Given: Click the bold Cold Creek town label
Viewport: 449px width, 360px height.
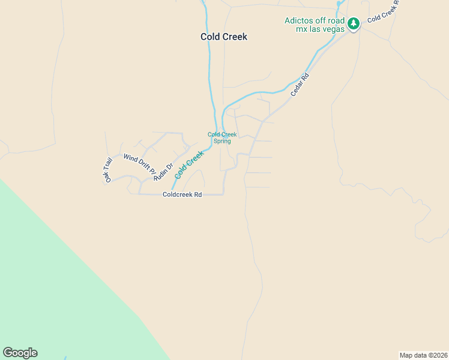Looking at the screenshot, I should (x=223, y=37).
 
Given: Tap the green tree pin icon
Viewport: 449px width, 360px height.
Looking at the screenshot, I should (x=354, y=24).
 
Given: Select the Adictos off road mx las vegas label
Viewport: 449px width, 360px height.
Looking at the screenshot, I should (x=315, y=25).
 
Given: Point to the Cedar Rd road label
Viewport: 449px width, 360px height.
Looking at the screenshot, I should (x=299, y=85).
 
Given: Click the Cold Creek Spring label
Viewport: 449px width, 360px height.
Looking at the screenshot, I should (x=222, y=138).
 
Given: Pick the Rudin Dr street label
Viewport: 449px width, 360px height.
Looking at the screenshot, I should (x=163, y=172).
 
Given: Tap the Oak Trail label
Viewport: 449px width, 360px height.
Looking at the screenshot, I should (x=108, y=170).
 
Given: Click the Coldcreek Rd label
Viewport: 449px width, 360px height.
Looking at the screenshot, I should (x=182, y=194).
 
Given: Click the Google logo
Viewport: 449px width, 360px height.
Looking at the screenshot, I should (x=20, y=353).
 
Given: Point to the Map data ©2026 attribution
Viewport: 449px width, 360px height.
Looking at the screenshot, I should (x=423, y=355).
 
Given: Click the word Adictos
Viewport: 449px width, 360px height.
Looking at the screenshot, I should (x=298, y=20).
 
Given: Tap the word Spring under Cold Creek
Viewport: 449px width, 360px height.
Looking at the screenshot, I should (x=222, y=142).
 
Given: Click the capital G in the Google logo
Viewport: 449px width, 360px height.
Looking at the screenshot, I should (x=7, y=353).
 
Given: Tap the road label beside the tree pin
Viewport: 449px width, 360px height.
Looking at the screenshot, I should (x=383, y=10).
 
